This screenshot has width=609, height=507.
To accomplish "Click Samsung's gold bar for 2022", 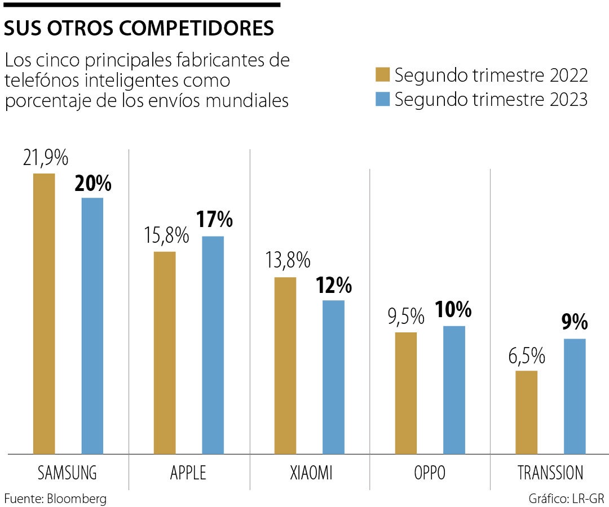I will [44, 313].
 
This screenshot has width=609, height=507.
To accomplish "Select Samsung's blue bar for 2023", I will [92, 326].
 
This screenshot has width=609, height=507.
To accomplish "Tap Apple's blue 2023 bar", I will [213, 345].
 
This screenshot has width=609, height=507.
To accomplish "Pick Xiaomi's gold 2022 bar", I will [285, 365].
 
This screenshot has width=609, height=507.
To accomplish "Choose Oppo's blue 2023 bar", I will [454, 389].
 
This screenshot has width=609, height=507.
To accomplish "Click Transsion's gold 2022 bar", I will [527, 412].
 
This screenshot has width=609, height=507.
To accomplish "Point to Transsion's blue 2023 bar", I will [575, 396].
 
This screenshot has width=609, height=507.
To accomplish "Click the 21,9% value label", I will [46, 158].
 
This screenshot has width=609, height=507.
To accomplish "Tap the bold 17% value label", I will [214, 220].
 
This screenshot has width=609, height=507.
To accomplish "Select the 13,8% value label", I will [288, 260].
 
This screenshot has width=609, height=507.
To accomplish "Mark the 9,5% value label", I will [405, 317].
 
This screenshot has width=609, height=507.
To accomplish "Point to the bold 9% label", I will [575, 323].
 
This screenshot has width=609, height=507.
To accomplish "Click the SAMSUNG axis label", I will [67, 473].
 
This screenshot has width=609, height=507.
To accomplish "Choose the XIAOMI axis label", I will [309, 473].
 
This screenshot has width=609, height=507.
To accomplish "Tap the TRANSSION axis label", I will [550, 473].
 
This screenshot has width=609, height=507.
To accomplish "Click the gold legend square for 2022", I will [383, 74].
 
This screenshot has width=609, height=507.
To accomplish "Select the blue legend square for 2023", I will [383, 99].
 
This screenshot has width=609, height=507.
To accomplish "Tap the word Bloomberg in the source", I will [76, 499].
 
